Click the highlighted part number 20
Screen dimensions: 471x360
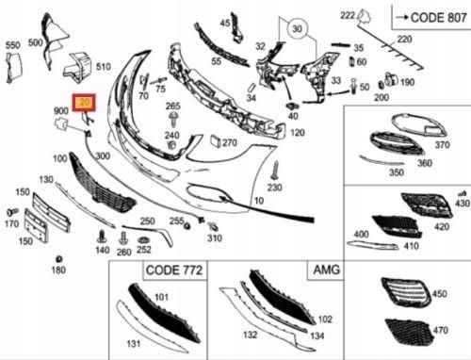84,103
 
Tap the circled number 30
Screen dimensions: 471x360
297,29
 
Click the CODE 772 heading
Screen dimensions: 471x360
174,270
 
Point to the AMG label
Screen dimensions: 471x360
327,270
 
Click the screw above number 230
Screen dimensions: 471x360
276,171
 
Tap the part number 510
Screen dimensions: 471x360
104,67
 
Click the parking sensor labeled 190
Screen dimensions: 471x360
391,79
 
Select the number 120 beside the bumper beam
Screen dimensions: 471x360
298,133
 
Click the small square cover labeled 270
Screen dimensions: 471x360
216,141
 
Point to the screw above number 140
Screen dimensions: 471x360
101,237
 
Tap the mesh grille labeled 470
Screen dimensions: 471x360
409,332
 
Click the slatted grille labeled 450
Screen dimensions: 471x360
406,292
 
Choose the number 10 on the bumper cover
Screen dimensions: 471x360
259,201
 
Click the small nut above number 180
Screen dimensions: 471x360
58,259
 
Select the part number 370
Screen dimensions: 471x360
442,145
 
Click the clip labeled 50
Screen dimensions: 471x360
354,86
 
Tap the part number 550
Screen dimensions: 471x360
13,45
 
